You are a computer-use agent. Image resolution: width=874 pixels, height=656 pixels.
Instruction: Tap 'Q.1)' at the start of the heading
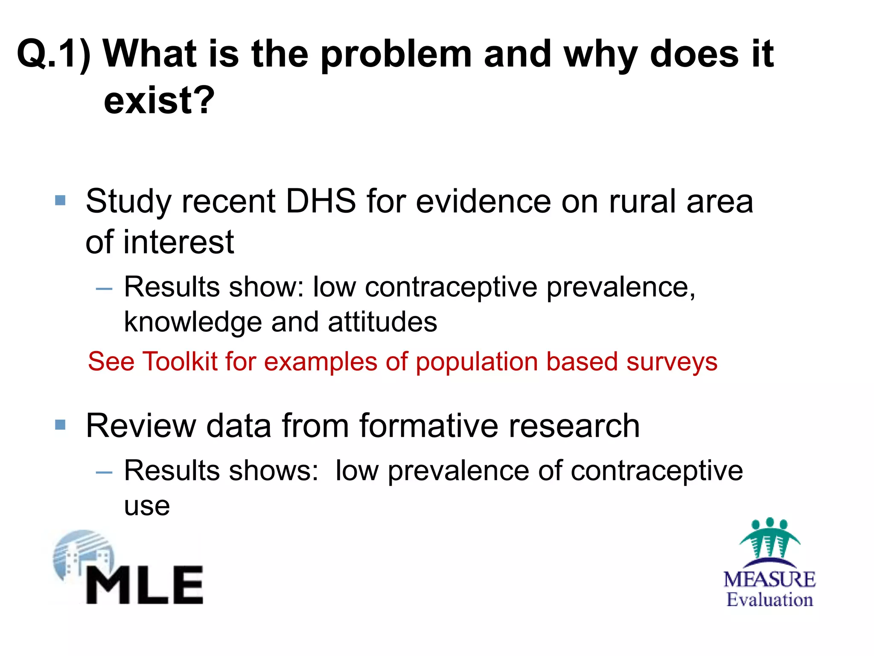pyautogui.click(x=53, y=55)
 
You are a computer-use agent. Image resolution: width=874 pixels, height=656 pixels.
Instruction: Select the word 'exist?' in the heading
pyautogui.click(x=159, y=101)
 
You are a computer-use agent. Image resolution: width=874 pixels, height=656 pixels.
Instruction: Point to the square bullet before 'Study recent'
pyautogui.click(x=61, y=200)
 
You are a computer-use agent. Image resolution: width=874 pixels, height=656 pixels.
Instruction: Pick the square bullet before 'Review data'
pyautogui.click(x=61, y=425)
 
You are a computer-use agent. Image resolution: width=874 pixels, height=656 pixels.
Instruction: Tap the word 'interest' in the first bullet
pyautogui.click(x=179, y=242)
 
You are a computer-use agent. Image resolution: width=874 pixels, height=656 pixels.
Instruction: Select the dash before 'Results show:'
pyautogui.click(x=104, y=289)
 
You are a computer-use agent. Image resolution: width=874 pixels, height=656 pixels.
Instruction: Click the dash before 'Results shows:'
pyautogui.click(x=104, y=472)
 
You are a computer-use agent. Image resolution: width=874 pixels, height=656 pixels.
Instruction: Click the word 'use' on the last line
pyautogui.click(x=147, y=507)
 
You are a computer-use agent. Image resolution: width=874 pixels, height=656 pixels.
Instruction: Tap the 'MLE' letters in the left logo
pyautogui.click(x=144, y=585)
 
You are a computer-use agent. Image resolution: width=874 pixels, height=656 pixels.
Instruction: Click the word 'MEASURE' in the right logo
pyautogui.click(x=769, y=580)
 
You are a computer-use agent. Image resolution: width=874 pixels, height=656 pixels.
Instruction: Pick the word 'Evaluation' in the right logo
pyautogui.click(x=769, y=600)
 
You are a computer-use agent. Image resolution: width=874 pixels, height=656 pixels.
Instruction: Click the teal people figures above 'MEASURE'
pyautogui.click(x=769, y=538)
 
